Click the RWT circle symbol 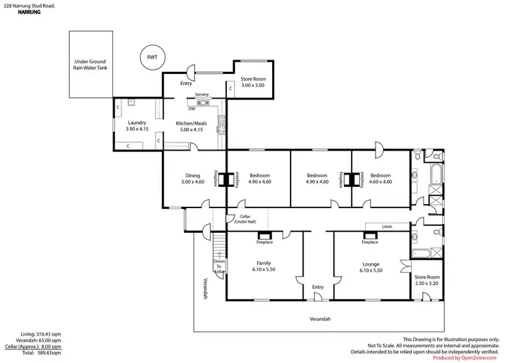(x=151, y=58)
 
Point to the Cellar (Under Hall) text (x=244, y=219)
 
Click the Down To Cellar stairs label (x=219, y=266)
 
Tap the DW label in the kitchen (x=192, y=108)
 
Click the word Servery (x=201, y=94)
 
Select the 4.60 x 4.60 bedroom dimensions (x=380, y=182)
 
